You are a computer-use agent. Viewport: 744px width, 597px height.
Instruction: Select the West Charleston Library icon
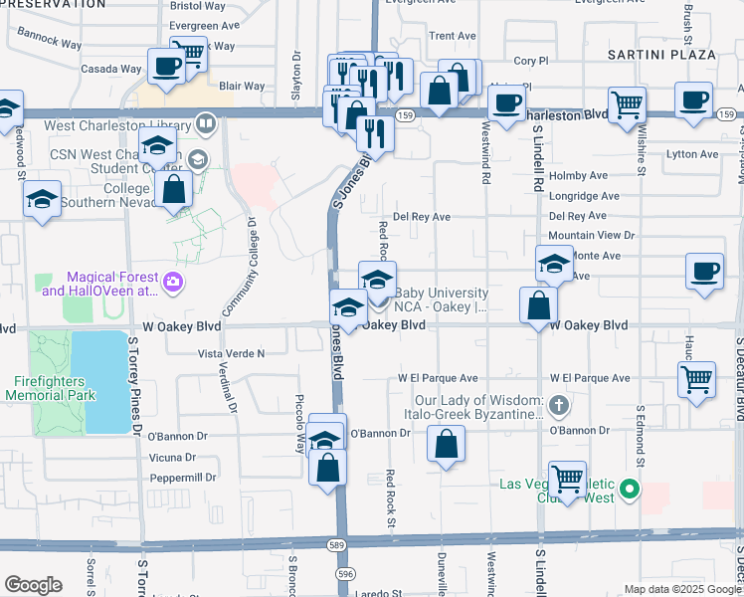[x=206, y=124]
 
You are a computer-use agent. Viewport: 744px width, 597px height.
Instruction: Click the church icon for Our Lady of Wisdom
[x=559, y=405]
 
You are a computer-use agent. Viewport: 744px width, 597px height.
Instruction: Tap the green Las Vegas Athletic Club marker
[x=629, y=490]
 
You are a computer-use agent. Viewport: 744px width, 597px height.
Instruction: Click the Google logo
[x=33, y=585]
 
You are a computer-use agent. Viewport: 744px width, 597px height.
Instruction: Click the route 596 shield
[x=345, y=574]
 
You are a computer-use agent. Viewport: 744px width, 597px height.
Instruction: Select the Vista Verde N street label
[x=232, y=353]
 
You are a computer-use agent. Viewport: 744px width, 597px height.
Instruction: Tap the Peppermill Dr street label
[x=182, y=478]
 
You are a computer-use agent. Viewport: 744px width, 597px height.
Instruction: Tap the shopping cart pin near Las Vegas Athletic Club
[x=567, y=479]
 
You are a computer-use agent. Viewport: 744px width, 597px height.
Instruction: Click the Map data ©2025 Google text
[x=682, y=589]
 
